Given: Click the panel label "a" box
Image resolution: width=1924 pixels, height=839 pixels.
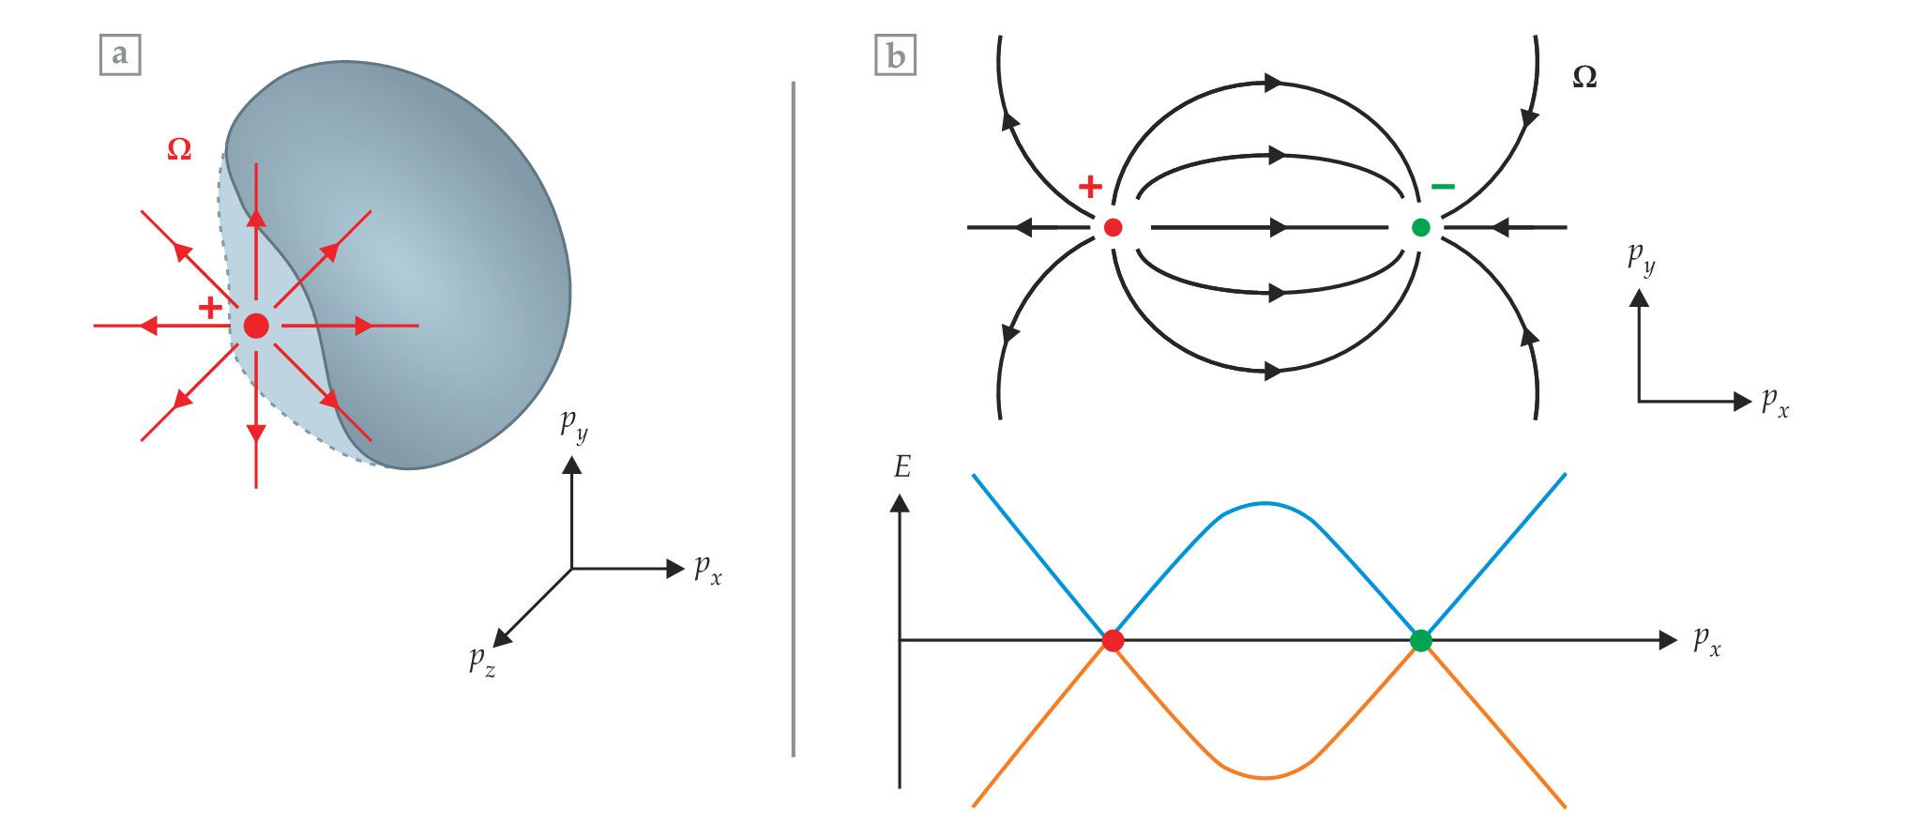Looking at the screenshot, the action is [120, 54].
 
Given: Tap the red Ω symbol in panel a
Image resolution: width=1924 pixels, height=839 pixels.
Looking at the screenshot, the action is [179, 149].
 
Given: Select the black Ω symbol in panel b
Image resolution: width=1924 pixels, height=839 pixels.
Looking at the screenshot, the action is [1584, 78].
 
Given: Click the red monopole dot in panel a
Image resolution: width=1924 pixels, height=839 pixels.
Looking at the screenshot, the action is [256, 326].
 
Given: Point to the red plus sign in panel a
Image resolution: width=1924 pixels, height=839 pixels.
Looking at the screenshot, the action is [211, 307].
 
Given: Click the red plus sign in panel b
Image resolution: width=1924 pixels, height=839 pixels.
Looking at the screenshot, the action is [1090, 187].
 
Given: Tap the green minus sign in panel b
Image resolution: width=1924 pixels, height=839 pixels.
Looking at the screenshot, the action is [1443, 187].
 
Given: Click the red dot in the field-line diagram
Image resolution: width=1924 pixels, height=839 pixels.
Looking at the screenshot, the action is [1113, 227].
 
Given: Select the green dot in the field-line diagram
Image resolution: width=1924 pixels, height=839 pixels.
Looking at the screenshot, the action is [1421, 227].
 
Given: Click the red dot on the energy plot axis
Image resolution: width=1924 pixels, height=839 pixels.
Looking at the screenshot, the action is [1113, 641].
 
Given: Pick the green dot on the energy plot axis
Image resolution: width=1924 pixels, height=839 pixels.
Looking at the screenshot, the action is [1421, 641].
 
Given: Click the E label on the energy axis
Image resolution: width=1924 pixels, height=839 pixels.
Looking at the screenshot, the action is [902, 466].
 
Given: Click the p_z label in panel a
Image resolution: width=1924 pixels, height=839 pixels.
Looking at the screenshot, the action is [482, 661].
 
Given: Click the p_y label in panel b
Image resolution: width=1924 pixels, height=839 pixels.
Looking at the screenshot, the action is [1642, 258].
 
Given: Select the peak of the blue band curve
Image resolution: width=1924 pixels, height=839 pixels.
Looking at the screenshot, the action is [1265, 504].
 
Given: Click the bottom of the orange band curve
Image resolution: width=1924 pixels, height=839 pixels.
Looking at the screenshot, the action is [1265, 778].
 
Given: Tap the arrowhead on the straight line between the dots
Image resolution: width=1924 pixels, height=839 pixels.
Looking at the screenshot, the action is [1277, 227].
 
